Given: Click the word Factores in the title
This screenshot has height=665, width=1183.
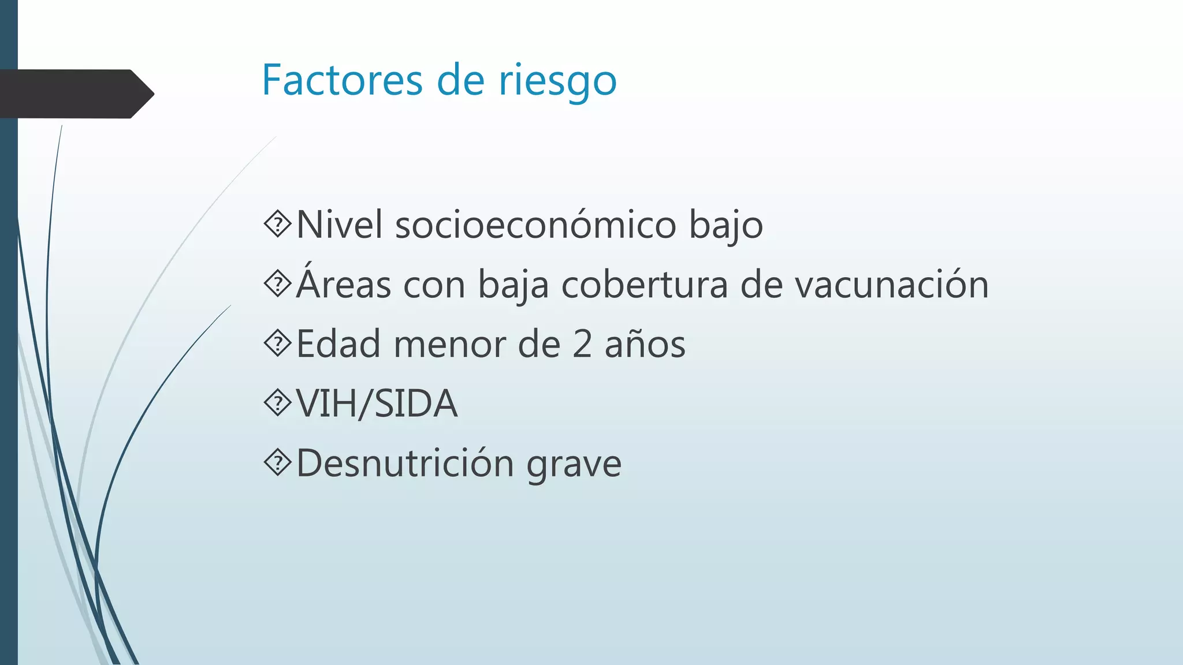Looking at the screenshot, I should (343, 80).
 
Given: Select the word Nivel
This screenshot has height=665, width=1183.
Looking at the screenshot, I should (339, 225).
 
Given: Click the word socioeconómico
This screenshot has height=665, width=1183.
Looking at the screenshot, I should (535, 225).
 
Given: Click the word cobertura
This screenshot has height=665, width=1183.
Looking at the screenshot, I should (644, 285).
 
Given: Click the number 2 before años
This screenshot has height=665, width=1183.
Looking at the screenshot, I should (582, 345).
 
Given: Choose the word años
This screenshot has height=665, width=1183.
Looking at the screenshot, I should (645, 344).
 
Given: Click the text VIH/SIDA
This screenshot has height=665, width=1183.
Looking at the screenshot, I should (377, 404).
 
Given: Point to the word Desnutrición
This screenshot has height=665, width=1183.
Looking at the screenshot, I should (405, 463).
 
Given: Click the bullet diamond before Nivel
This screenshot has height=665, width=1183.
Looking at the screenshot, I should (278, 225).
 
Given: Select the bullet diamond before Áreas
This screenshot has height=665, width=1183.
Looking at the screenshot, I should (278, 284).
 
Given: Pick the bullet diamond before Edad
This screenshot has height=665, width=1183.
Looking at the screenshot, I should (278, 344).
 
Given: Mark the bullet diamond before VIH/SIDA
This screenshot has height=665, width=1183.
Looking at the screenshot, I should (278, 404).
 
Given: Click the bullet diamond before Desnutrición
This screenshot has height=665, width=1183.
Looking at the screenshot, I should (278, 463).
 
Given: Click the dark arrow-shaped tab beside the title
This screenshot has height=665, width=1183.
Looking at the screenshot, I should (75, 94).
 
